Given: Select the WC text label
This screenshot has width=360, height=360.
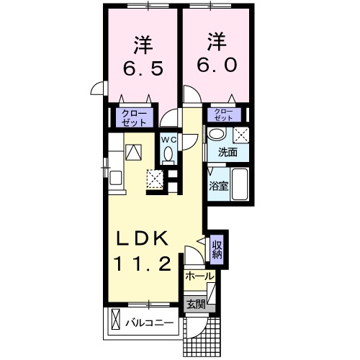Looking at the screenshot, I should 168,139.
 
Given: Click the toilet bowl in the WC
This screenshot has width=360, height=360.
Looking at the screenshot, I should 168,154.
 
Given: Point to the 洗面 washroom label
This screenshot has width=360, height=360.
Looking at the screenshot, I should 219,152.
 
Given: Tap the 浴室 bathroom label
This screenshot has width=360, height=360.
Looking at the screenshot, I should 219,186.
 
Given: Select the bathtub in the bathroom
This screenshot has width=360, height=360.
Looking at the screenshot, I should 240,186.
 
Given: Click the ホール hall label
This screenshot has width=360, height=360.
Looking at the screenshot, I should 199,276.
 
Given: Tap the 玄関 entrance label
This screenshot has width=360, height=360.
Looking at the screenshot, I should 196,304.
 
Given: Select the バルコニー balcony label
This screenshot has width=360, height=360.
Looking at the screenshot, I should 150,323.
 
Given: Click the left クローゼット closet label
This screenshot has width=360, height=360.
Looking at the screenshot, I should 132,117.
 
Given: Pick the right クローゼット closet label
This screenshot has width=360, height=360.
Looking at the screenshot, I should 224,114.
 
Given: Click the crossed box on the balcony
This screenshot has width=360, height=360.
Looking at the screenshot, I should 116,322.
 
